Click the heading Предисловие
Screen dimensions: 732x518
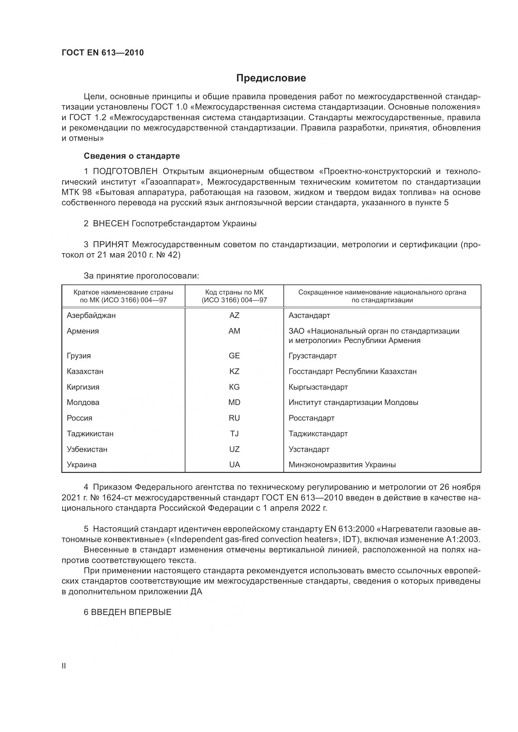point(271,78)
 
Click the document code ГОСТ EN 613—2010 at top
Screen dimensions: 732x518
point(103,53)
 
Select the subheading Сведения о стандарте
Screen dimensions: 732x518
point(132,156)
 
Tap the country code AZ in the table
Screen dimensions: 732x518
point(234,315)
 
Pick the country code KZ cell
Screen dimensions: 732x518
point(234,371)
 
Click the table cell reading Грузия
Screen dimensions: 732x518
point(79,356)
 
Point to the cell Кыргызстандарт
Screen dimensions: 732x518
point(318,387)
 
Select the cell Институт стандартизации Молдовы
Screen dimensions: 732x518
point(353,402)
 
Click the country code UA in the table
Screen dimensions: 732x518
point(235,464)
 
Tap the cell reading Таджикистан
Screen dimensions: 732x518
point(90,433)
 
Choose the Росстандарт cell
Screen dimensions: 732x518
point(311,418)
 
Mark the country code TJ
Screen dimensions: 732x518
point(234,433)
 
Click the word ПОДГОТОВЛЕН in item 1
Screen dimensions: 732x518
point(125,171)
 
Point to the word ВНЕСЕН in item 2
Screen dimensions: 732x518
point(111,223)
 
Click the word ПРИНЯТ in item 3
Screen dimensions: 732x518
point(111,244)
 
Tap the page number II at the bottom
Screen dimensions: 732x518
point(64,666)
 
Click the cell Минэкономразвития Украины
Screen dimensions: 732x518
point(342,464)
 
